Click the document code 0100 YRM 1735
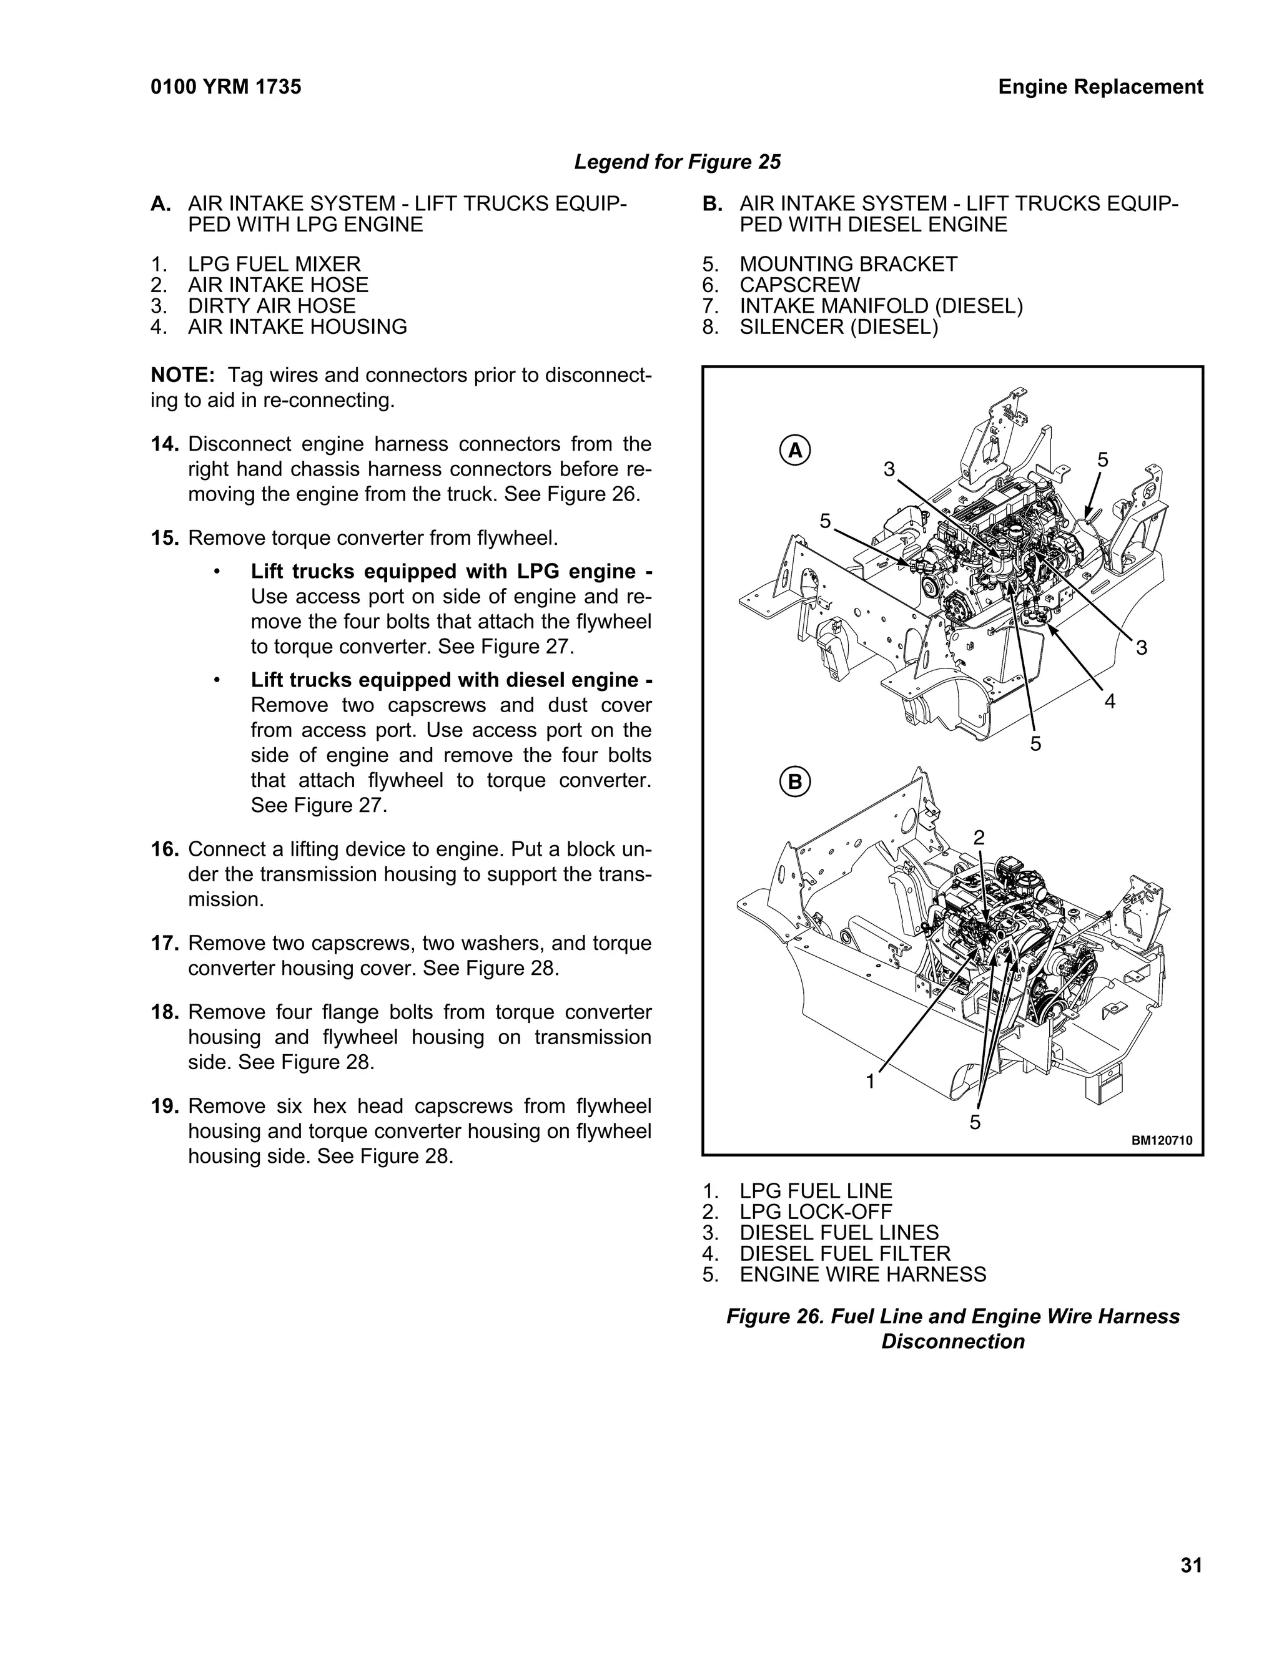(226, 87)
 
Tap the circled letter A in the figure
(795, 451)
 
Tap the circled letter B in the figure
(795, 781)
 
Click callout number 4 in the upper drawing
(1109, 702)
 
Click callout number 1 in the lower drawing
(871, 1082)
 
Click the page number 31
(1190, 1565)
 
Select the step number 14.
(164, 444)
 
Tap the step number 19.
(164, 1107)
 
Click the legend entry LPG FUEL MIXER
(274, 264)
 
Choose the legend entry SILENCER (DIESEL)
(838, 327)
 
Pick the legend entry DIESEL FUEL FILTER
(844, 1254)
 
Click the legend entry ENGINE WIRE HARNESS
(862, 1275)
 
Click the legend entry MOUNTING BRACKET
(848, 264)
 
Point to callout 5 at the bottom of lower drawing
(974, 1122)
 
